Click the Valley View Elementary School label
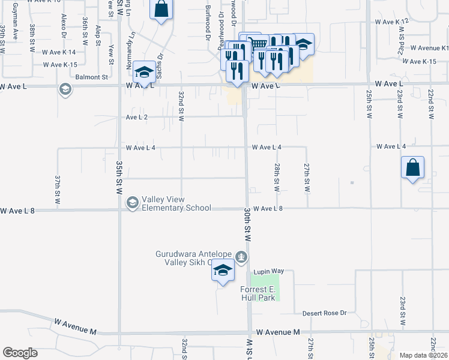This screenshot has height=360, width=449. [x=176, y=203]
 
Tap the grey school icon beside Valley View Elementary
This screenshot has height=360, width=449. [x=131, y=204]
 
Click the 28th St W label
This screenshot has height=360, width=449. [x=277, y=177]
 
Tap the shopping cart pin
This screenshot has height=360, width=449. [x=257, y=44]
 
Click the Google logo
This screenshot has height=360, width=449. [x=20, y=353]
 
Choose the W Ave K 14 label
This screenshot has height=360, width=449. [x=59, y=52]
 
